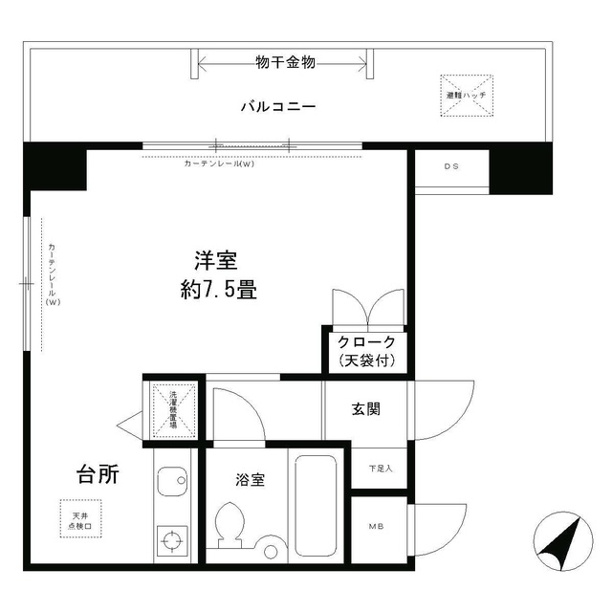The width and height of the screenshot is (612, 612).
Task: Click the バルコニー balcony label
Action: coord(278,107)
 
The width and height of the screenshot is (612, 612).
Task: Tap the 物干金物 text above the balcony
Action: coord(285,63)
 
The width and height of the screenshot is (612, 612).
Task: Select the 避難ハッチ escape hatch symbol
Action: coord(466,97)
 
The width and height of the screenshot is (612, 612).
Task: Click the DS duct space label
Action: coord(451,166)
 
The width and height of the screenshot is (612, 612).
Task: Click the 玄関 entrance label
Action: coord(366,408)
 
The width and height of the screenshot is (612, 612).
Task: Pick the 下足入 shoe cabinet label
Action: coord(380,469)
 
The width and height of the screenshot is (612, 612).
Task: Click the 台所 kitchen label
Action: coord(98,474)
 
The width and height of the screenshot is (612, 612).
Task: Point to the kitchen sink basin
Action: coord(173,481)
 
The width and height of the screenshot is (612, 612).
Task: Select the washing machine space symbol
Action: coord(173,409)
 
